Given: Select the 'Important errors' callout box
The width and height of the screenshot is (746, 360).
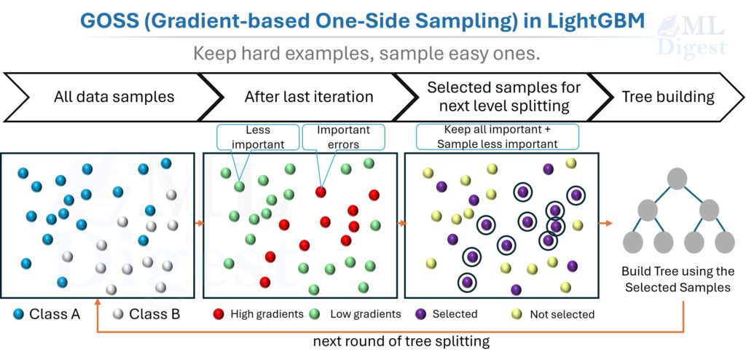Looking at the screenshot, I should coord(343,137).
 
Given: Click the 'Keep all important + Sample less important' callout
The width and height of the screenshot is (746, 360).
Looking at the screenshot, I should coord(496,137).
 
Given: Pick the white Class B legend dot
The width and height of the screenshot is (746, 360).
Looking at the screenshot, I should coord(119,314).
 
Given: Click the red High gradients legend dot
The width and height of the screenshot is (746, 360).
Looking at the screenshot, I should coord(217,314).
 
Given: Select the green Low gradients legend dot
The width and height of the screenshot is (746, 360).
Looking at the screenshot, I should coord(315,314).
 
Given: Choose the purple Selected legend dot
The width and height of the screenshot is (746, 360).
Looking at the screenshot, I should coord(420,314).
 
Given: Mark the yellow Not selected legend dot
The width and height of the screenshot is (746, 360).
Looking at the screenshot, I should coord(517,314).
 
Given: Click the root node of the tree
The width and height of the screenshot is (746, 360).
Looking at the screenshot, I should coord(678,178).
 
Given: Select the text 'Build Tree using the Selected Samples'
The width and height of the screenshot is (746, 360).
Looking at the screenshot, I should coord(678,279).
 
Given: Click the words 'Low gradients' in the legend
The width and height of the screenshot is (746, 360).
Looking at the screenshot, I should coord(366,314).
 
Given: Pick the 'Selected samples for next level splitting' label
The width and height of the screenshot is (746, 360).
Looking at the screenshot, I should coord(503,96).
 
